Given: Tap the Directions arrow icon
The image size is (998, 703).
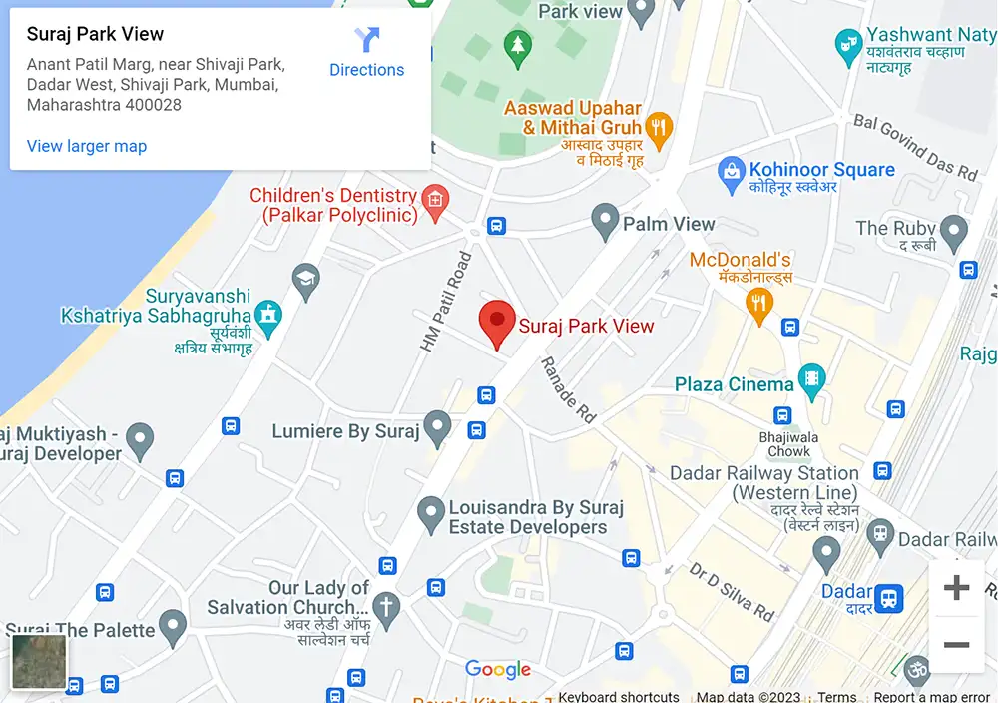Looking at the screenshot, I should (x=367, y=41).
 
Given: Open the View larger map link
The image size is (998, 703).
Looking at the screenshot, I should (x=87, y=146).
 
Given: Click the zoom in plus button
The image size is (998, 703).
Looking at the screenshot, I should (x=956, y=588).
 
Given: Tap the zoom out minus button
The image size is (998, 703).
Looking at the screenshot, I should (x=956, y=645).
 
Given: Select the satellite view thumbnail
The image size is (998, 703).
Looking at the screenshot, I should (x=39, y=662).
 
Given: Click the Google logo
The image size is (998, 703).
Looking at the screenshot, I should (x=498, y=670).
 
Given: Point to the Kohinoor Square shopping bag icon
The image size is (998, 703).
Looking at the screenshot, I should (x=733, y=171).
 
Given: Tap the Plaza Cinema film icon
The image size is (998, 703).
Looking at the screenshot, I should (x=813, y=380).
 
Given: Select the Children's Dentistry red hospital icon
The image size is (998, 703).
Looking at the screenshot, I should (x=434, y=200).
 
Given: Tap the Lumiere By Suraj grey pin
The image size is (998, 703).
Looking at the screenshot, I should (x=437, y=427).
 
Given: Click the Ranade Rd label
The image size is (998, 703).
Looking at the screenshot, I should (x=568, y=389).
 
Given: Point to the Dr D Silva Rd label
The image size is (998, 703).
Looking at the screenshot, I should (x=732, y=591).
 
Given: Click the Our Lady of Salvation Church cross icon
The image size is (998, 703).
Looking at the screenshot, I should (x=386, y=604).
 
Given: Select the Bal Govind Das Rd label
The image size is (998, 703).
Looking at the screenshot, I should (x=914, y=147).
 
